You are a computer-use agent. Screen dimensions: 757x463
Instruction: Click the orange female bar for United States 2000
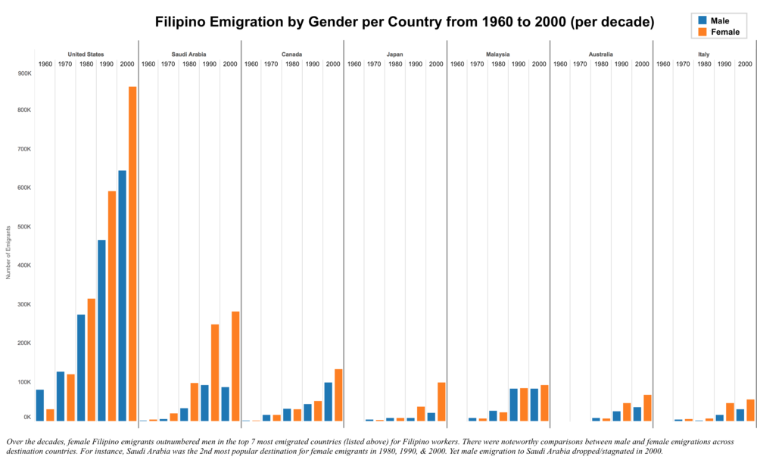tap(132, 253)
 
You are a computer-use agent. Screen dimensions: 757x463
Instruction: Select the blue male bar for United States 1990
tap(101, 331)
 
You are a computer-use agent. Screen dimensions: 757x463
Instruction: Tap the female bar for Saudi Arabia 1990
tap(215, 373)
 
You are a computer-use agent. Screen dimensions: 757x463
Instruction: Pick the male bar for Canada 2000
tap(329, 402)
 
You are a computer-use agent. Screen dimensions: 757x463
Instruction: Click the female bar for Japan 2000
tap(441, 402)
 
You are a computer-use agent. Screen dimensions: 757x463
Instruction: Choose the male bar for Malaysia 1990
tap(514, 406)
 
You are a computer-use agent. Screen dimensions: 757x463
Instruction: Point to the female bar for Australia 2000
tap(647, 408)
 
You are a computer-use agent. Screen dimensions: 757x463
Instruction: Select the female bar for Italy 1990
tap(730, 412)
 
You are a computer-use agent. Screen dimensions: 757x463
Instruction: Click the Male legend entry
tap(714, 20)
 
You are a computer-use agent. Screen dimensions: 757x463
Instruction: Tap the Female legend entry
tap(719, 32)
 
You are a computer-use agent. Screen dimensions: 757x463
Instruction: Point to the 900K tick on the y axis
tap(25, 73)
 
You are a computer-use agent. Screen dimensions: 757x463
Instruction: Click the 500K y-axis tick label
tap(25, 227)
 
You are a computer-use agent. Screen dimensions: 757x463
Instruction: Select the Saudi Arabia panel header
tap(188, 54)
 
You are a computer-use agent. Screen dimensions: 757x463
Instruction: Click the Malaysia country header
tap(498, 54)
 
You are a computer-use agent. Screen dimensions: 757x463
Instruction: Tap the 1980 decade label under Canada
tap(292, 64)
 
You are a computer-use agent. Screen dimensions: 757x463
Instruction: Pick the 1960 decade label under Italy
tap(663, 64)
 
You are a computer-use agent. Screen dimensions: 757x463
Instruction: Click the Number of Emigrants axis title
tap(8, 253)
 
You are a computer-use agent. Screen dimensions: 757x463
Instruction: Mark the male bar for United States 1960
tap(39, 406)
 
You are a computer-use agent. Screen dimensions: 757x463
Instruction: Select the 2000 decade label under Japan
tap(436, 64)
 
